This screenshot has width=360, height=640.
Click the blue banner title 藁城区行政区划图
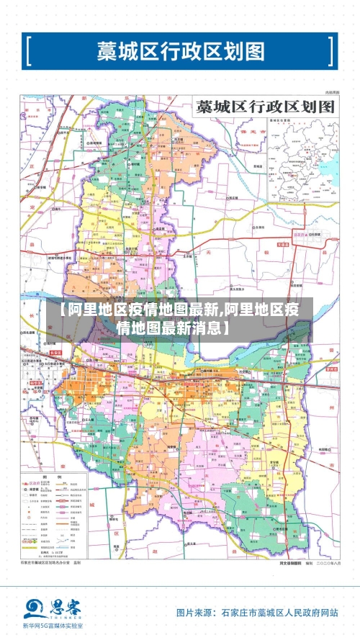pos(180,51)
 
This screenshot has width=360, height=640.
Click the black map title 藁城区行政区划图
pos(266,107)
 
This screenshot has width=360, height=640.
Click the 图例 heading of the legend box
pos(47,477)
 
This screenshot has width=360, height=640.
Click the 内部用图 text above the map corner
pos(331,93)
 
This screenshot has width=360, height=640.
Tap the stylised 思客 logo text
pos(65,607)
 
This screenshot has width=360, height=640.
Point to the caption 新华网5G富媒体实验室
pos(52,627)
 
